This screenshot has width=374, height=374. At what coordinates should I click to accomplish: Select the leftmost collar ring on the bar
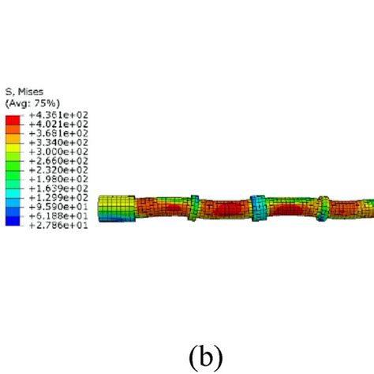(x=194, y=208)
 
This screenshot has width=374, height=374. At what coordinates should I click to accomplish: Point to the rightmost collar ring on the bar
(x=324, y=208)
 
